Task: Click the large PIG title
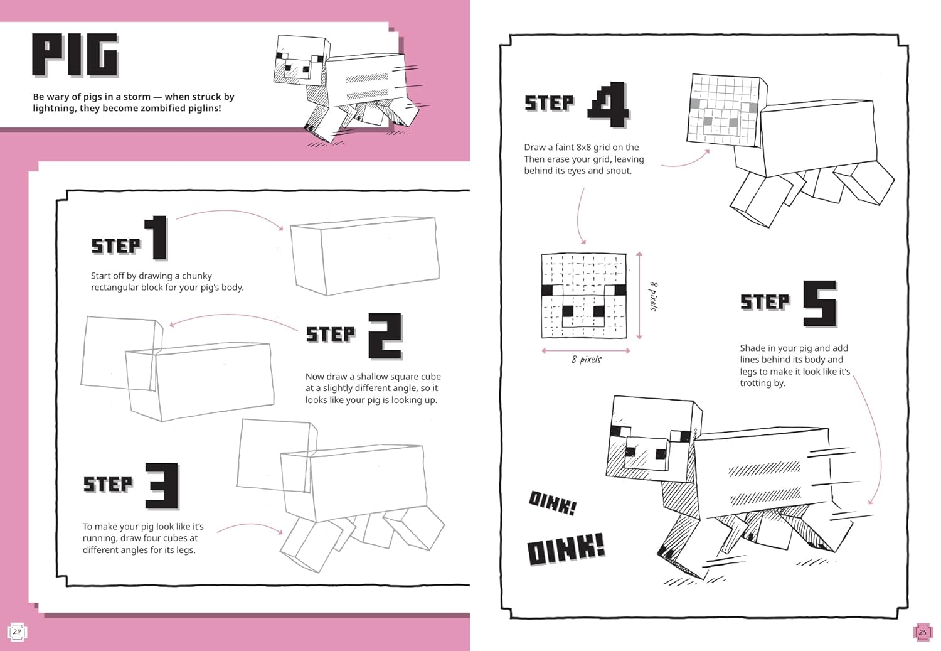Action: (x=75, y=55)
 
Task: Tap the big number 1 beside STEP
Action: (x=157, y=238)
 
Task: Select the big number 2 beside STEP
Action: (x=385, y=336)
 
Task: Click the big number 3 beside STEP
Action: (x=162, y=485)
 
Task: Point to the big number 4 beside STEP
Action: (x=608, y=104)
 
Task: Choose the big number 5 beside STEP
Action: (x=820, y=304)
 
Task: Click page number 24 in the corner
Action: (x=17, y=632)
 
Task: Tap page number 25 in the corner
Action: (x=922, y=632)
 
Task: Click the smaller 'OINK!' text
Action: (x=552, y=502)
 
